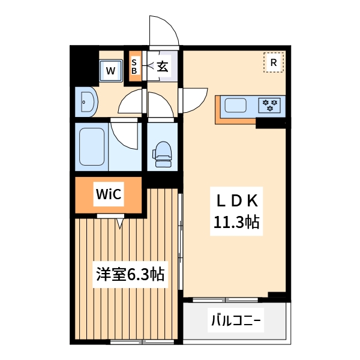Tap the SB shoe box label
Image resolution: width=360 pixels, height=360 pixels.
pos(134,66)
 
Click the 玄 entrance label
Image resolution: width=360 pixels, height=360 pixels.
pos(163,66)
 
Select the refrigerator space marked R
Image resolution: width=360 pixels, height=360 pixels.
pos(273,62)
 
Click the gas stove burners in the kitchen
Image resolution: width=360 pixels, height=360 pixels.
pos(271,106)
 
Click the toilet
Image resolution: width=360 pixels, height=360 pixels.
pos(163,154)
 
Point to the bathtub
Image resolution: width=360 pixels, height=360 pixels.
pos(92,147)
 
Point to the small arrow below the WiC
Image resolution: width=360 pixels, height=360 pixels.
pos(119,224)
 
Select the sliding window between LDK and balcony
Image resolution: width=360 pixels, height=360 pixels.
pos(226,299)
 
